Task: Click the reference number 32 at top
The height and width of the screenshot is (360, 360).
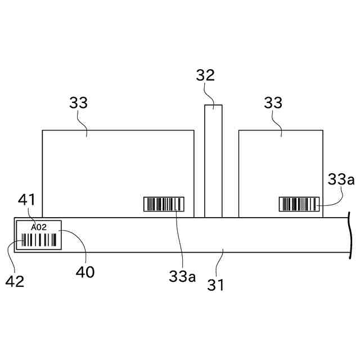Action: coord(205,75)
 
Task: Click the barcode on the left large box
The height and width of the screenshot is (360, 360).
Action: coord(164,204)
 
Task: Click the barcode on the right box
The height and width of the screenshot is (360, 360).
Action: coord(300,204)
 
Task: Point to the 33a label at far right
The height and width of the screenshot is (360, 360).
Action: coord(341,179)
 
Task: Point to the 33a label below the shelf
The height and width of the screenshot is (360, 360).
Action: coord(182,277)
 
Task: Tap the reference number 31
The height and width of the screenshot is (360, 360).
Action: coord(216,285)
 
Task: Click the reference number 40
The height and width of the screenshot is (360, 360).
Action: coord(86,272)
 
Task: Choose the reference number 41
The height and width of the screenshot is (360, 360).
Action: coord(26,199)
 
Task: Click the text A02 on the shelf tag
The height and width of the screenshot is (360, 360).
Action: coord(39,227)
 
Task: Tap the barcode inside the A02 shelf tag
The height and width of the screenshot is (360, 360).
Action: coord(39,241)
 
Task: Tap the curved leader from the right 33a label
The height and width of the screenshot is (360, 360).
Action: coord(336,198)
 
